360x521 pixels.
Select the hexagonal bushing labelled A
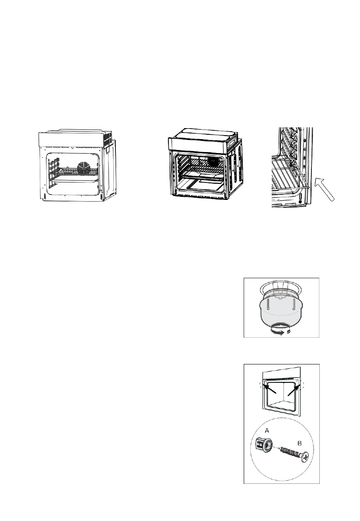(x=262, y=447)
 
